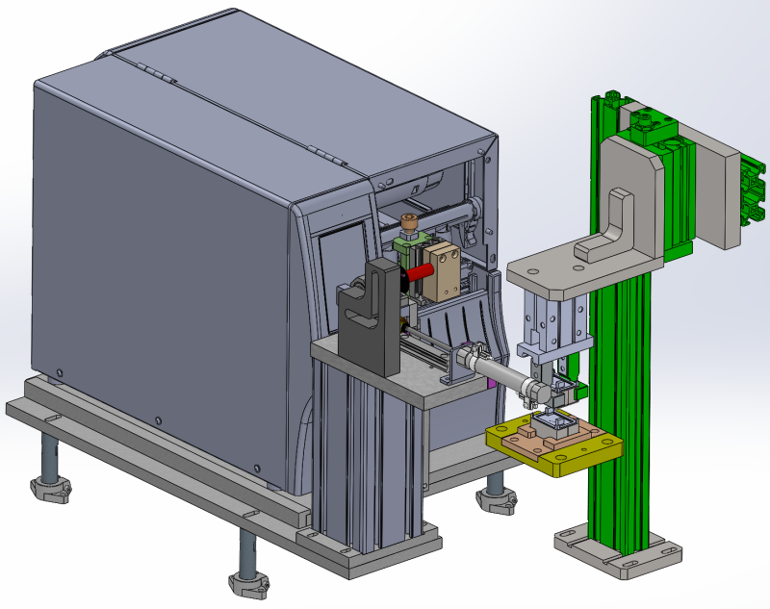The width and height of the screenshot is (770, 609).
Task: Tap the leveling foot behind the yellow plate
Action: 495,498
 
